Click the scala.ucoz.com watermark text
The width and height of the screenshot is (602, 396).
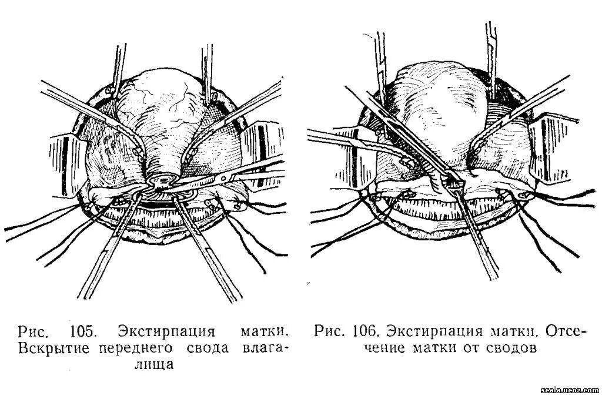(568, 390)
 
